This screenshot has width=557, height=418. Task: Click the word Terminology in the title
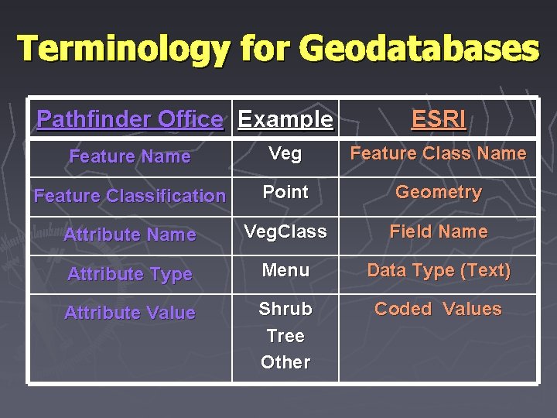[x=124, y=49]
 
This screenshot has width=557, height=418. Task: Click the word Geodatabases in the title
[x=419, y=49]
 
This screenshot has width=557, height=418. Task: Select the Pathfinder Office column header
[x=129, y=119]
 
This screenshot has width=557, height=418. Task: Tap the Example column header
[x=285, y=119]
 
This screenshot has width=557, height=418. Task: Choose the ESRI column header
[x=438, y=119]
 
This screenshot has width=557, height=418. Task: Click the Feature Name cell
[x=129, y=156]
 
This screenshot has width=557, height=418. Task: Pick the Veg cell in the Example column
[x=285, y=154]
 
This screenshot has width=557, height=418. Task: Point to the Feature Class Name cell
[x=438, y=154]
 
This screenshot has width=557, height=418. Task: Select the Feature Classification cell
[x=129, y=196]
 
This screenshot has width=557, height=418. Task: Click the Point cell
[x=285, y=192]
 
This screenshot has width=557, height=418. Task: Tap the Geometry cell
[x=438, y=192]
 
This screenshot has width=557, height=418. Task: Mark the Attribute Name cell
[x=129, y=235]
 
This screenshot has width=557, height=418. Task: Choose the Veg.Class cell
[x=285, y=231]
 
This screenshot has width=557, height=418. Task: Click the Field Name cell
[x=438, y=231]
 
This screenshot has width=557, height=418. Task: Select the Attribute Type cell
[x=129, y=274]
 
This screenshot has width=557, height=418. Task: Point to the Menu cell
[x=285, y=270]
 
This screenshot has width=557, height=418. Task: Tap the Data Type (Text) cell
[x=438, y=270]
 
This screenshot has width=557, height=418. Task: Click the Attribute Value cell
[x=129, y=313]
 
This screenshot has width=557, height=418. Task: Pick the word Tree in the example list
[x=285, y=336]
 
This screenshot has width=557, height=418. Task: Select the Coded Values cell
[x=438, y=309]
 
